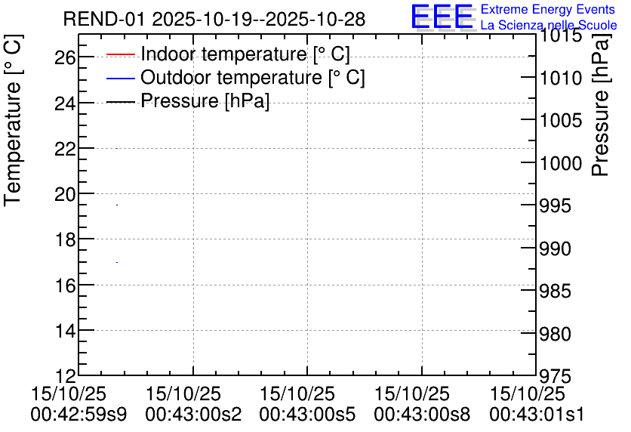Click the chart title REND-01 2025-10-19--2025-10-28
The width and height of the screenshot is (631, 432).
pyautogui.click(x=214, y=19)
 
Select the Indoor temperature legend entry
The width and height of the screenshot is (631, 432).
pyautogui.click(x=228, y=54)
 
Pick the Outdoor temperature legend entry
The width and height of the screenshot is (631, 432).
pyautogui.click(x=235, y=77)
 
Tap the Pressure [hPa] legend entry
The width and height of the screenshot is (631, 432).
pyautogui.click(x=188, y=100)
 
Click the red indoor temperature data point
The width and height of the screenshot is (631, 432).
pyautogui.click(x=117, y=148)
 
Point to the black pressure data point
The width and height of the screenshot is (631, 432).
pyautogui.click(x=117, y=205)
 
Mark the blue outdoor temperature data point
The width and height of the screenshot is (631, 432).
pyautogui.click(x=117, y=262)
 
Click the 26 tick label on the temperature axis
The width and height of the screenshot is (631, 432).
pyautogui.click(x=65, y=58)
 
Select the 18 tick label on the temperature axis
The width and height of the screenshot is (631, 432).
pyautogui.click(x=65, y=239)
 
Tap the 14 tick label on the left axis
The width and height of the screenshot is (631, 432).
pyautogui.click(x=65, y=331)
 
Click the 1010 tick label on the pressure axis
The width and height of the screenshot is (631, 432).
pyautogui.click(x=561, y=78)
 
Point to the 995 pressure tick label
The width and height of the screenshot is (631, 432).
pyautogui.click(x=555, y=206)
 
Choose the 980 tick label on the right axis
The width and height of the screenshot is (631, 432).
pyautogui.click(x=555, y=334)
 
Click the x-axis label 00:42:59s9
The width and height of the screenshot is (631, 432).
pyautogui.click(x=78, y=413)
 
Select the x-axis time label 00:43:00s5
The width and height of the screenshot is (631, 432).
pyautogui.click(x=307, y=413)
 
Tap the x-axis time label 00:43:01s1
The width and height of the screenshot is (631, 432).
pyautogui.click(x=537, y=413)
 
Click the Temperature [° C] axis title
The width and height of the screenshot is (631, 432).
pyautogui.click(x=14, y=121)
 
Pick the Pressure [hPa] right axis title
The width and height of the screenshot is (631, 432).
pyautogui.click(x=601, y=105)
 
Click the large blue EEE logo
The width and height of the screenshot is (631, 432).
pyautogui.click(x=442, y=17)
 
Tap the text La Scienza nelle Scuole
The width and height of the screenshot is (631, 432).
pyautogui.click(x=549, y=25)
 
